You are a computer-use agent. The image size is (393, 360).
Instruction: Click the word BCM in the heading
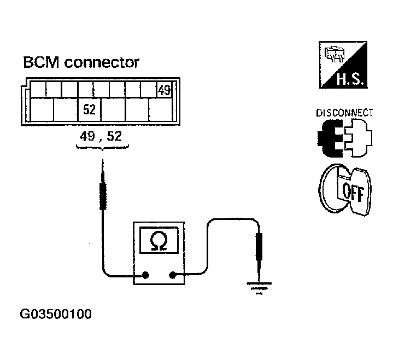pyautogui.click(x=41, y=62)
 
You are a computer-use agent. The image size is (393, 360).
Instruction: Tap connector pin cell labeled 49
pyautogui.click(x=164, y=91)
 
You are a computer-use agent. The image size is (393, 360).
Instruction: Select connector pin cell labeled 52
pyautogui.click(x=90, y=110)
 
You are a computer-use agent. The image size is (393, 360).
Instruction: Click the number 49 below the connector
pyautogui.click(x=87, y=136)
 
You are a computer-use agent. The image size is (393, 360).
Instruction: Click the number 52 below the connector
pyautogui.click(x=114, y=136)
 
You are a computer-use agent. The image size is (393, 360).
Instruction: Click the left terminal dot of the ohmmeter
pyautogui.click(x=146, y=276)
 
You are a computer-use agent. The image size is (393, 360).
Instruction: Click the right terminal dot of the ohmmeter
pyautogui.click(x=173, y=276)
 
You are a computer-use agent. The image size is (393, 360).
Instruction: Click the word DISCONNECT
pyautogui.click(x=344, y=113)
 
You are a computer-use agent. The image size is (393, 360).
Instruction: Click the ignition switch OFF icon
pyautogui.click(x=344, y=189)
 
